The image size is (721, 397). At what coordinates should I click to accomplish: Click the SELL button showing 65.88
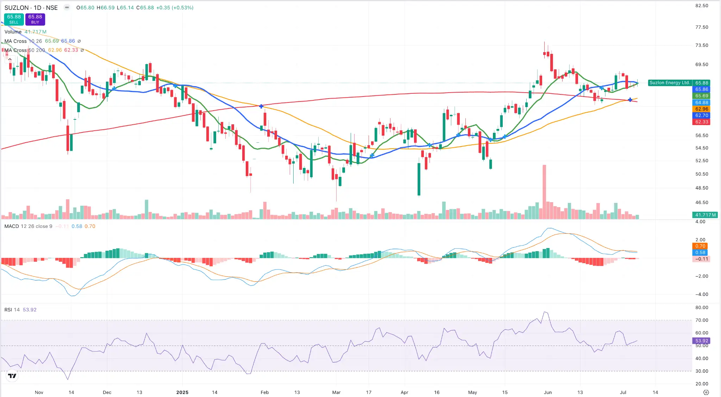[14, 19]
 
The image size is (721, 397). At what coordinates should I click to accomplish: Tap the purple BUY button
[35, 19]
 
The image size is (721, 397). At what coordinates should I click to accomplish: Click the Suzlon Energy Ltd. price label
[670, 83]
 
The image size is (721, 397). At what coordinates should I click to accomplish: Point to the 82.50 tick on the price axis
[702, 6]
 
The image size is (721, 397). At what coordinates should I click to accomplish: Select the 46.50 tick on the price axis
[702, 203]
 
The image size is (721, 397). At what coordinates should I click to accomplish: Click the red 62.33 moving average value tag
[701, 122]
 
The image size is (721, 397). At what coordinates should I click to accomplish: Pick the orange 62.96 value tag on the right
[701, 109]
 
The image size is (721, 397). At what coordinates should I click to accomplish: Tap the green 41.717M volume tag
[705, 215]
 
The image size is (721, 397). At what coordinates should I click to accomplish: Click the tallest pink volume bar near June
[544, 192]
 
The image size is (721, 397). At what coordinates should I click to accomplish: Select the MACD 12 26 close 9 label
[28, 226]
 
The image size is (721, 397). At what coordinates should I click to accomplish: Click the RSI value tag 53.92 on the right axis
[701, 341]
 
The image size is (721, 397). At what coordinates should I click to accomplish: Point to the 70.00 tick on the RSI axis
[702, 320]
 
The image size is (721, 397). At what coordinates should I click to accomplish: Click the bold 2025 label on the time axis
[182, 392]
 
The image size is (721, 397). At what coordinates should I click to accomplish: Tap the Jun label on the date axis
[547, 392]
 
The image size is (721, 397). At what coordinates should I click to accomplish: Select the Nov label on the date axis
[39, 392]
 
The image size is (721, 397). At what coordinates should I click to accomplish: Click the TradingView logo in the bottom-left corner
[12, 376]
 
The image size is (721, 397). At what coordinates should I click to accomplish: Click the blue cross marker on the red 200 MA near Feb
[261, 106]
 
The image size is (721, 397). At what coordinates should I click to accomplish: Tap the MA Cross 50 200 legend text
[25, 50]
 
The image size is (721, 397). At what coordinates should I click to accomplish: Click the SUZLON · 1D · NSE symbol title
[31, 7]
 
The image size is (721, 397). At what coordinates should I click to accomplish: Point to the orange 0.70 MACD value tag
[700, 246]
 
